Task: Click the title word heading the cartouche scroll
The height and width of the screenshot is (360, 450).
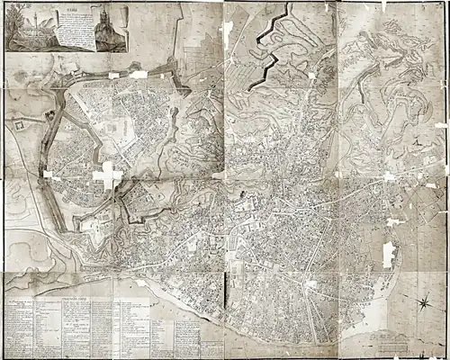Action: (67, 12)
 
